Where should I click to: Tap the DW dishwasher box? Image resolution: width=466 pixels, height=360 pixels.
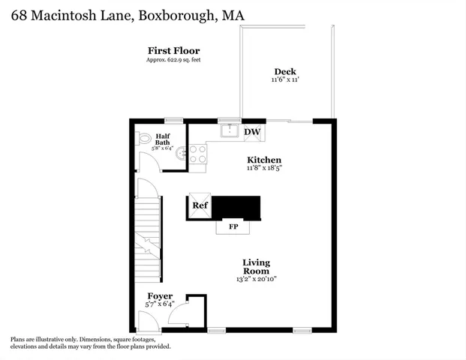[x=253, y=132]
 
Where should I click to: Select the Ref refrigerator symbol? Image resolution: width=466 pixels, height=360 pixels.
[x=200, y=205]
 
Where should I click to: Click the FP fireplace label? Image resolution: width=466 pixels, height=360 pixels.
[x=233, y=226]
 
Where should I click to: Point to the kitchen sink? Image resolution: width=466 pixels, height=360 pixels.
[x=229, y=132]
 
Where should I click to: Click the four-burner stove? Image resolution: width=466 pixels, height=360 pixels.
[x=198, y=154]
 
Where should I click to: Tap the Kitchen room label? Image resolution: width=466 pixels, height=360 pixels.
[x=264, y=160]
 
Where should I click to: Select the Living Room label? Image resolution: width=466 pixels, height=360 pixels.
[x=256, y=267]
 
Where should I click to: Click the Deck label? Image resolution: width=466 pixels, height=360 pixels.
[x=284, y=72]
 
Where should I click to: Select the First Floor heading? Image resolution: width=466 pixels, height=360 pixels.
[x=173, y=50]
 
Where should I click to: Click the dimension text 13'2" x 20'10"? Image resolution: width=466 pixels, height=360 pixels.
[x=256, y=280]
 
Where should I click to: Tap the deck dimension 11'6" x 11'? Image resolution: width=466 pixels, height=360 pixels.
[x=284, y=80]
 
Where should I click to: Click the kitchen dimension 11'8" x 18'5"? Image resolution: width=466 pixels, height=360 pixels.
[x=264, y=168]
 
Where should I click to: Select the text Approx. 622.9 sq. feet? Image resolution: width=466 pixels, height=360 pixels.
[x=173, y=59]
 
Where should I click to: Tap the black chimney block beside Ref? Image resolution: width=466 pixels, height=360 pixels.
[x=237, y=207]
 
